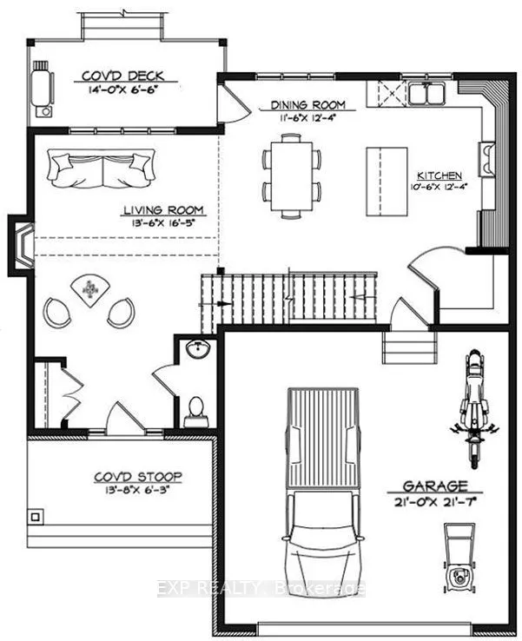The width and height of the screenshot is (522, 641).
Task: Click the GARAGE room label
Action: (x=434, y=486)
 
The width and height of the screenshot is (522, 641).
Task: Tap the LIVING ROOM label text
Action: (x=163, y=209)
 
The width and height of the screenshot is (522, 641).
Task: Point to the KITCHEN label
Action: (x=439, y=175)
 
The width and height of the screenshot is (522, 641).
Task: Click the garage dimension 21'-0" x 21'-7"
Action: (x=434, y=501)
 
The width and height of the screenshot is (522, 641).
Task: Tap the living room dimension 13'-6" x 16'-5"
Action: (x=163, y=223)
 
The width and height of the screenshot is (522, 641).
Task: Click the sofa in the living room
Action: (x=102, y=167)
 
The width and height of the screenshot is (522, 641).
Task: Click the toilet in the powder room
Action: (x=196, y=409)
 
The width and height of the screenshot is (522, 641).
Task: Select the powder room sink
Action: (x=198, y=350)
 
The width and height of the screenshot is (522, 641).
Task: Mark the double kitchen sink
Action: (x=426, y=92)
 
